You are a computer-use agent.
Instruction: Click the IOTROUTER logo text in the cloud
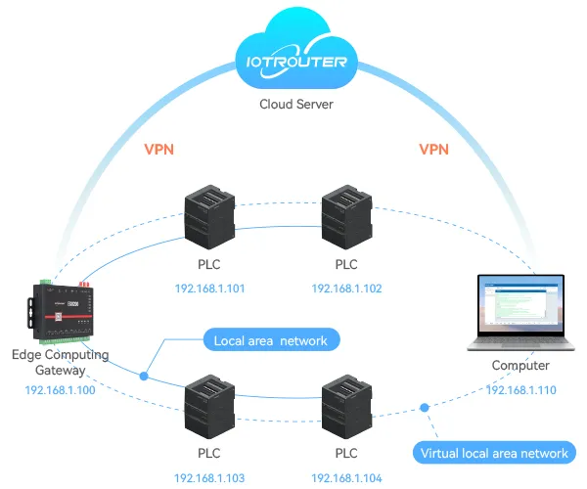click(292, 61)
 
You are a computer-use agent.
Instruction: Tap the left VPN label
click(159, 150)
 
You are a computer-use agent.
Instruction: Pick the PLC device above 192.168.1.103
click(210, 406)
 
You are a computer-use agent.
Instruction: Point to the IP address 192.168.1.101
click(209, 289)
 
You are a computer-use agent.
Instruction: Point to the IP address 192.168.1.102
click(346, 289)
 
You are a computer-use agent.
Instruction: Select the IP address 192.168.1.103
click(209, 478)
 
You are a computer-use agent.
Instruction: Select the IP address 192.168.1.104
click(346, 478)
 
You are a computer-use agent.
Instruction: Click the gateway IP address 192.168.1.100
click(60, 389)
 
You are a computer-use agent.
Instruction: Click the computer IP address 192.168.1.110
click(521, 389)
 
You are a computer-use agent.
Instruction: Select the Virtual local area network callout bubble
click(493, 453)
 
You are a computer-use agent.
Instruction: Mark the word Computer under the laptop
click(520, 366)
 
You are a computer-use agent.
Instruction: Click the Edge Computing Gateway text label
click(60, 361)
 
